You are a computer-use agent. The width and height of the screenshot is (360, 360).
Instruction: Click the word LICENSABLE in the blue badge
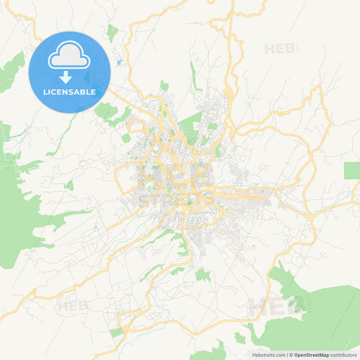pos(70,91)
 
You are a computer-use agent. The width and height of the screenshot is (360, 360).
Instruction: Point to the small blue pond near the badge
pos(120,63)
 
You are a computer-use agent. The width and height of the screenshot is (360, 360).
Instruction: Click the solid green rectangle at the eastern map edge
pos(351,170)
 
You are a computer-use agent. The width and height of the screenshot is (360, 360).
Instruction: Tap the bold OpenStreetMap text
pos(311,355)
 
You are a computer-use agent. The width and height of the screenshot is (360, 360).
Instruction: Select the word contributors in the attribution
pos(344,355)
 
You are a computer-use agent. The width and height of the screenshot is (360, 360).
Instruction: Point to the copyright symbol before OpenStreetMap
pos(290,355)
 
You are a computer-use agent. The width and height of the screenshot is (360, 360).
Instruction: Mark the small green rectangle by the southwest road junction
pos(117,332)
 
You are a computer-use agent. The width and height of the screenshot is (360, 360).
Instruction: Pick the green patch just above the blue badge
pos(111,32)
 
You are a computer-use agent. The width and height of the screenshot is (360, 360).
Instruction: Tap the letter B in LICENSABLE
pos(86,91)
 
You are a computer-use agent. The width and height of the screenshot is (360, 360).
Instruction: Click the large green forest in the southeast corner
pos(317,311)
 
